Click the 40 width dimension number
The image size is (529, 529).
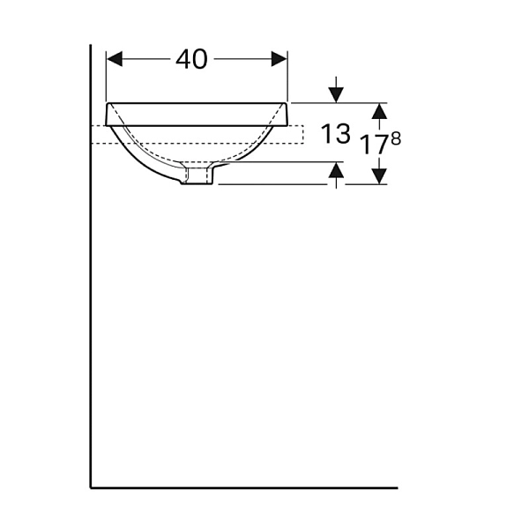191,59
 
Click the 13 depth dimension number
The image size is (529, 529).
336,134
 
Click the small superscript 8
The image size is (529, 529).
396,138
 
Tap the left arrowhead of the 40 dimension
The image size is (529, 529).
115,59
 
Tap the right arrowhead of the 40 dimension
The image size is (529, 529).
279,59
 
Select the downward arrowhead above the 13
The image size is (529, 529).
336,95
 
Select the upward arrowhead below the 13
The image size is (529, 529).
336,169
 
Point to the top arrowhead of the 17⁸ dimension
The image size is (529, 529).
380,111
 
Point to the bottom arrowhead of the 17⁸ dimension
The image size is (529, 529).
380,176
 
